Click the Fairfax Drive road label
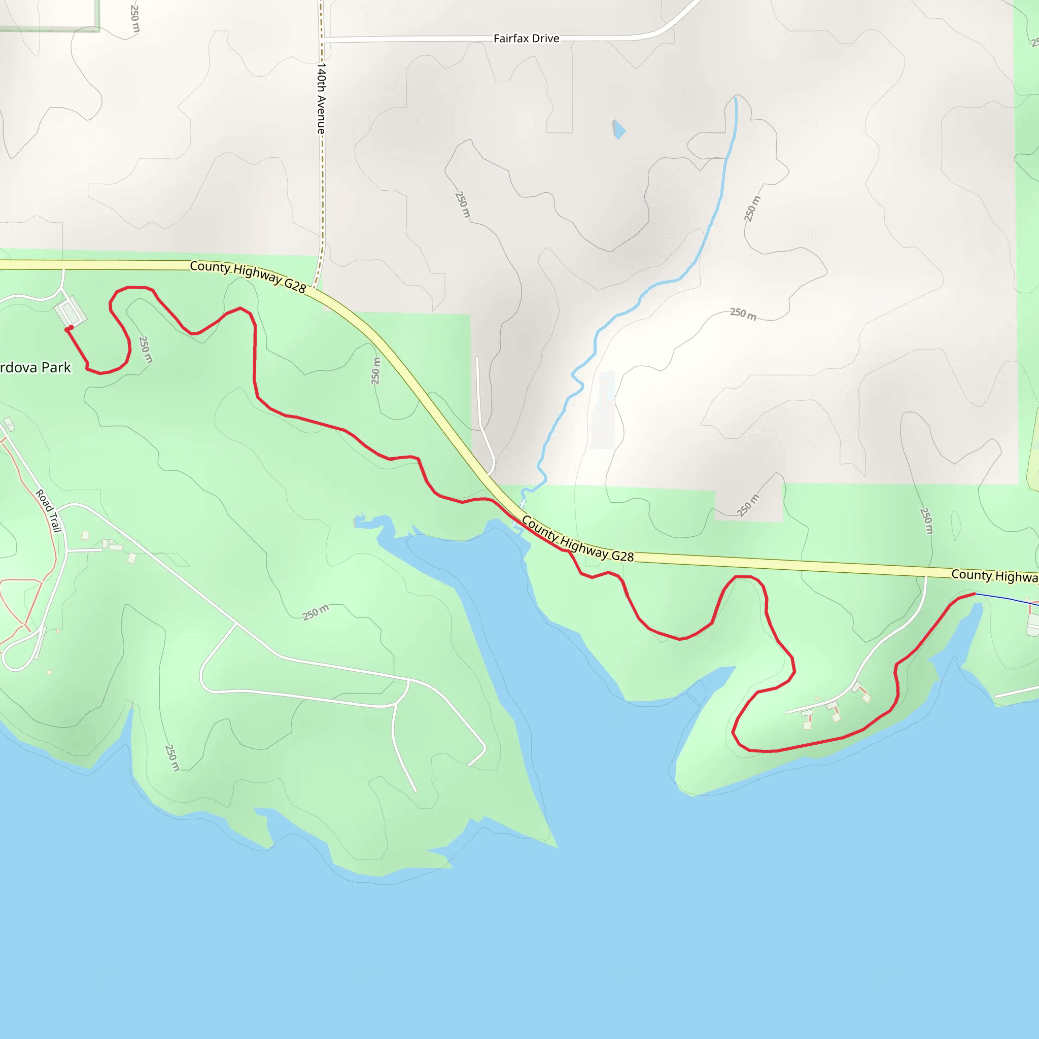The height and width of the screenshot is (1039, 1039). [x=526, y=39]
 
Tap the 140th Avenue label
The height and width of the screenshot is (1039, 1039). [x=322, y=98]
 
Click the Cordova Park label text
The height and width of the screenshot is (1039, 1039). [x=36, y=368]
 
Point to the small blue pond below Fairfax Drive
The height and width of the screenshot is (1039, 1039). [x=619, y=129]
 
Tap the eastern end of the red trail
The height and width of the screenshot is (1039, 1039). [x=974, y=594]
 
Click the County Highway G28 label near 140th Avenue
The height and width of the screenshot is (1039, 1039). [x=248, y=276]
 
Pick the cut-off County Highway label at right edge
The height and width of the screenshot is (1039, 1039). [x=994, y=576]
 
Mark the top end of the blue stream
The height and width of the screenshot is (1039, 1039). [x=736, y=99]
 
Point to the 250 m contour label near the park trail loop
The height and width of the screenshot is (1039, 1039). [x=145, y=350]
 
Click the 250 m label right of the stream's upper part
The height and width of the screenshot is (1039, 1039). [x=752, y=209]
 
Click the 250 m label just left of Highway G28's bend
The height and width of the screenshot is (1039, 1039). [x=376, y=371]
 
